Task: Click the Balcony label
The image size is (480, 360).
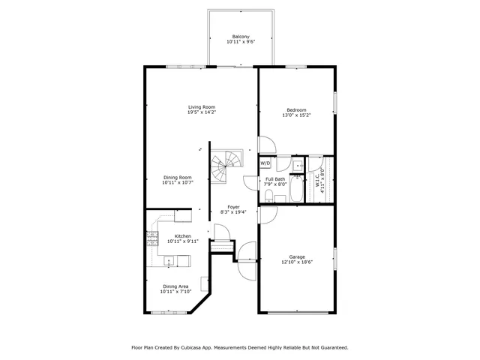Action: coord(241,36)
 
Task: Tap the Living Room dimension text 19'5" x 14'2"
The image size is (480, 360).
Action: coord(202,112)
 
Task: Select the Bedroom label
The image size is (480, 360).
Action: coord(296,110)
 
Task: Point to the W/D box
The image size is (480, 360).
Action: coord(265,163)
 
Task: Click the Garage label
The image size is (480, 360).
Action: coord(297,256)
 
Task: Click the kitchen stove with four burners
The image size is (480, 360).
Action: coord(152,239)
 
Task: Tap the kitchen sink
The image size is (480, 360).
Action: coord(169,261)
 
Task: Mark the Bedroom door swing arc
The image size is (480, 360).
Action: coord(267,144)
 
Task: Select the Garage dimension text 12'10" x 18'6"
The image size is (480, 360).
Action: coord(297,262)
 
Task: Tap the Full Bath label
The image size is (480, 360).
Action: coord(274,179)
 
